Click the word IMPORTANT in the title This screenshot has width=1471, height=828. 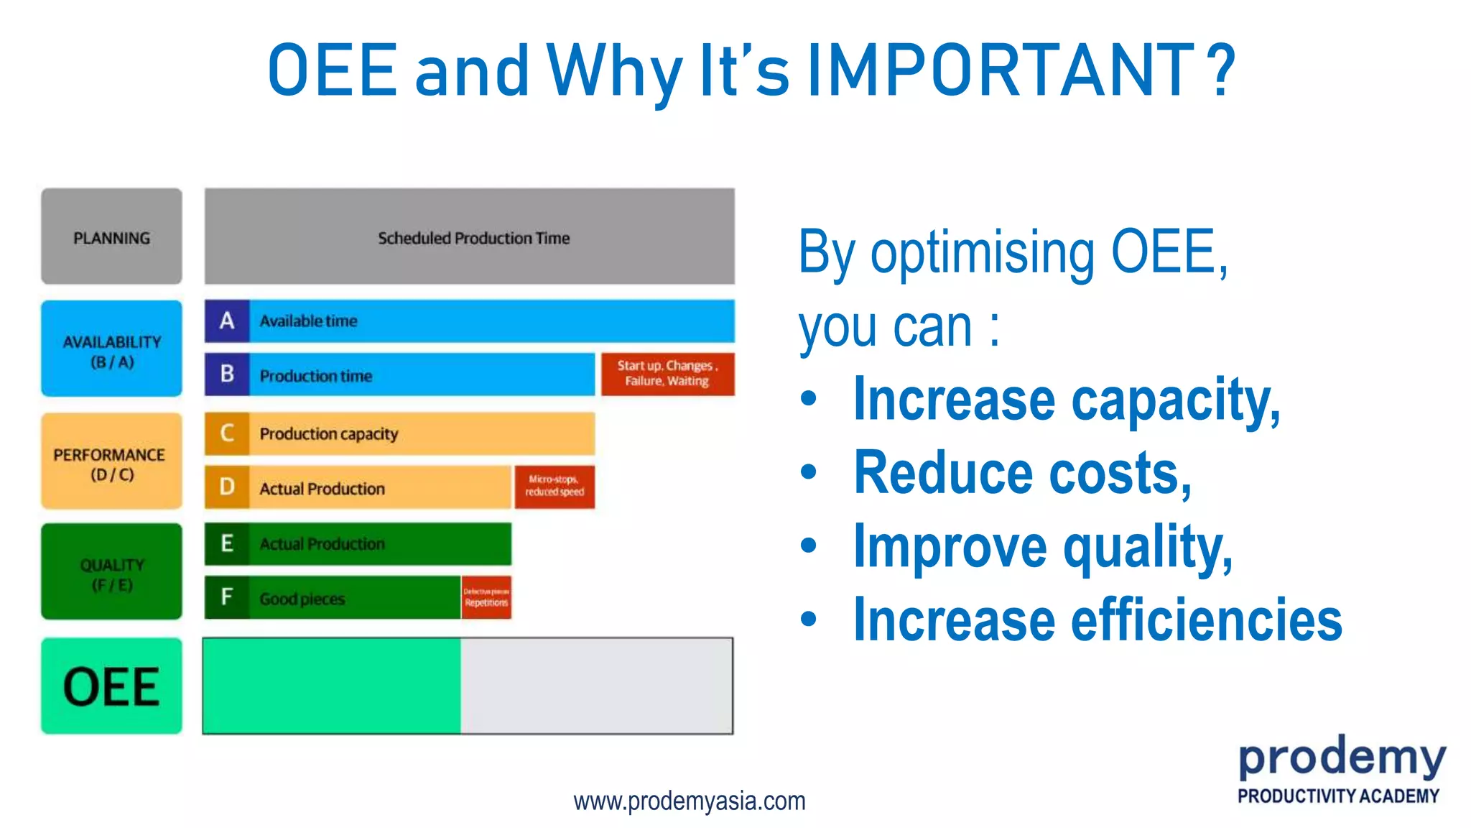1001,70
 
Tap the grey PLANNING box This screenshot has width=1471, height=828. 111,236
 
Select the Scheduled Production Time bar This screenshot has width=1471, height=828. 470,236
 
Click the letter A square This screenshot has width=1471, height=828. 227,321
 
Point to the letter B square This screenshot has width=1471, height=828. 227,374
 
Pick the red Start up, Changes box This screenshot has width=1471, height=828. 667,374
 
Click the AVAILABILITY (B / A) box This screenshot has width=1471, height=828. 111,349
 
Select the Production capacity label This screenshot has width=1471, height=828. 328,434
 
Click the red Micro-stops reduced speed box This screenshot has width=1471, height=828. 554,487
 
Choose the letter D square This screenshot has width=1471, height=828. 227,487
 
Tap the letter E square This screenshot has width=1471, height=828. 227,543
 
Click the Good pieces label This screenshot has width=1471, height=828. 302,599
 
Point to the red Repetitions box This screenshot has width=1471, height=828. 486,597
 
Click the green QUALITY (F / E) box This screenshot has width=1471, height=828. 111,573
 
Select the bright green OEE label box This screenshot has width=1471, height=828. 111,686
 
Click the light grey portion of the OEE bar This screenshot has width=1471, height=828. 596,686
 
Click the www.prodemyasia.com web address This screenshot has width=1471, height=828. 689,801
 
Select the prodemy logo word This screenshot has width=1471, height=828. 1341,759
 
